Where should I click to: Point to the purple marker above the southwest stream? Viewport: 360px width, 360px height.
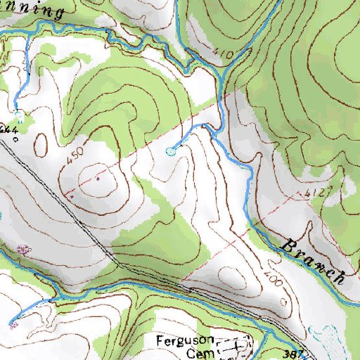[x=24, y=249]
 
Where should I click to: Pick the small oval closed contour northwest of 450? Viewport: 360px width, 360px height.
[x=40, y=143]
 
